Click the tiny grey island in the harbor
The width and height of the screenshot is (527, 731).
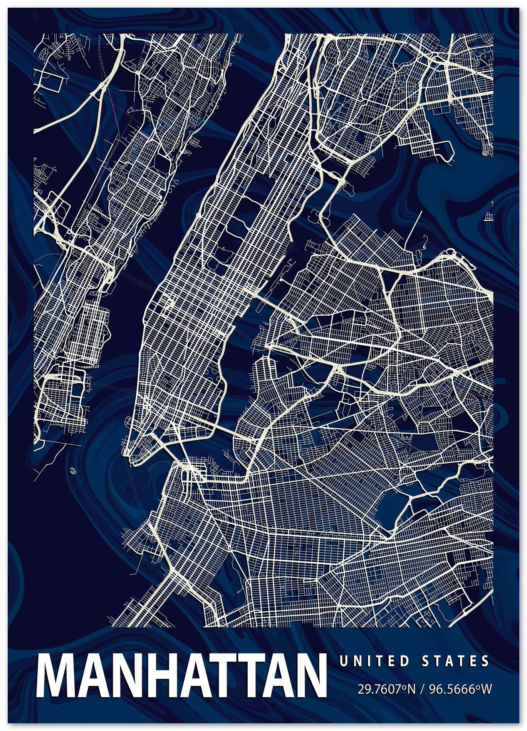pos(72,470)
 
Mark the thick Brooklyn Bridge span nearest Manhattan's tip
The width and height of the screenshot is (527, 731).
pos(173,450)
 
